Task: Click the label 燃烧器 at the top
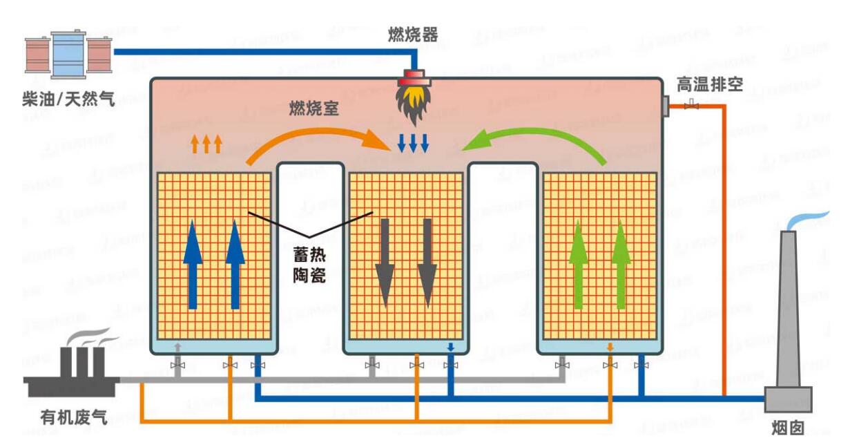point(412,35)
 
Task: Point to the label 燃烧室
point(313,108)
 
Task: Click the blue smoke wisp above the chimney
point(808,220)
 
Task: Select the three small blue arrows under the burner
point(414,143)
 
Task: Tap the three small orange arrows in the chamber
point(206,144)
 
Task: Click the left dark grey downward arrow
point(384,263)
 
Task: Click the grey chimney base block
point(788,399)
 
